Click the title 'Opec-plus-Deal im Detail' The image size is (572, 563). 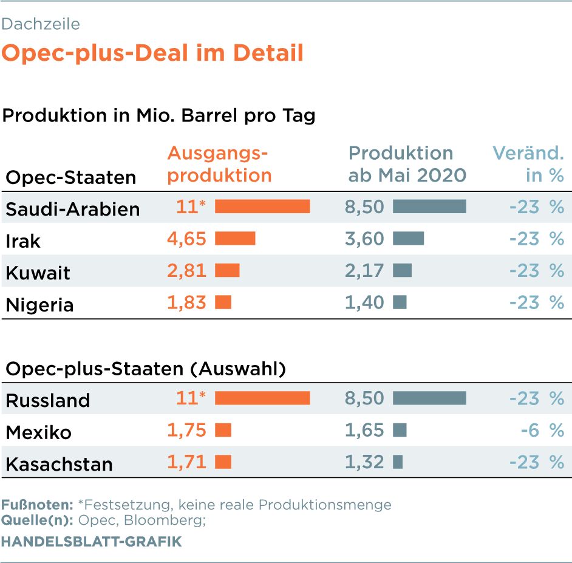pos(152,53)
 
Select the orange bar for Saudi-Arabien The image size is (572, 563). pos(262,206)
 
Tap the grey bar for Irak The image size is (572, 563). pos(408,238)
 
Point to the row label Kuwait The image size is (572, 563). pos(38,273)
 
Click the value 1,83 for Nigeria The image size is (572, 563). pos(186,302)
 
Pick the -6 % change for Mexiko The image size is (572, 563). pos(542,430)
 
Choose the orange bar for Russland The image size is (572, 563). pos(262,398)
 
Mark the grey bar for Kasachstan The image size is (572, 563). pos(398,462)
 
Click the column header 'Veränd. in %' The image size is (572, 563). pos(528,164)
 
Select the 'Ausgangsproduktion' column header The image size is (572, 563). pos(220,164)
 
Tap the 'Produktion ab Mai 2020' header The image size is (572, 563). pos(407,164)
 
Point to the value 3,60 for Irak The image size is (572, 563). pos(364,239)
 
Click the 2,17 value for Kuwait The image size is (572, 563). pos(364,271)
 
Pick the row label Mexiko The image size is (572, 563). pos(39,433)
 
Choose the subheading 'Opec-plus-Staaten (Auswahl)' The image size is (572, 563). pos(146,369)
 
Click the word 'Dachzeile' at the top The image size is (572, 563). pos(41,24)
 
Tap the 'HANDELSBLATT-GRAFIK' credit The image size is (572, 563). pos(91,542)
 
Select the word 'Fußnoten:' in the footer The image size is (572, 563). pos(37,505)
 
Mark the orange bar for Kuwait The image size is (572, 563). pos(227,270)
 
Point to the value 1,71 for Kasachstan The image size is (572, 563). pos(186,462)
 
